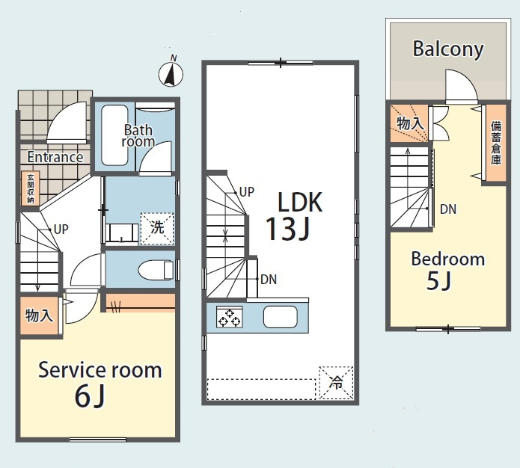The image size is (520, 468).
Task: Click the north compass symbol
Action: point(171,73)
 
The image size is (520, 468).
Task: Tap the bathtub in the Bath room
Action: point(114,135)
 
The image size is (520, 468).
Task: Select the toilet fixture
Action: point(155,269)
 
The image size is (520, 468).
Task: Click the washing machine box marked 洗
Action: point(157,229)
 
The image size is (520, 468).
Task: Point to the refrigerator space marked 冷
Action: point(336,383)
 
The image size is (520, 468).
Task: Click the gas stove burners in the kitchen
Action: point(230,317)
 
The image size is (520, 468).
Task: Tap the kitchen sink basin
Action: point(281,317)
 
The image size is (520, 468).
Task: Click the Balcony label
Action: point(448,49)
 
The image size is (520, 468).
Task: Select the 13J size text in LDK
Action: point(288,228)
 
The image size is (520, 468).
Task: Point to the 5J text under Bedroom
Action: point(438,281)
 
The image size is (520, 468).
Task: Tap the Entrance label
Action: point(55,157)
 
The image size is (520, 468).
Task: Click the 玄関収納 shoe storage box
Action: point(30,188)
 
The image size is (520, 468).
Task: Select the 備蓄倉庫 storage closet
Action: point(496,143)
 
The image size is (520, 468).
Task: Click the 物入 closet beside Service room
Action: point(39,315)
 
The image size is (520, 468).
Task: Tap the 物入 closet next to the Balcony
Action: point(409,123)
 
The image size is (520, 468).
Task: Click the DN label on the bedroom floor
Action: point(448,209)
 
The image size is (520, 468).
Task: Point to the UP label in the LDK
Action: point(247,192)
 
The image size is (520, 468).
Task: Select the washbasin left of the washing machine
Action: point(122,234)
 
